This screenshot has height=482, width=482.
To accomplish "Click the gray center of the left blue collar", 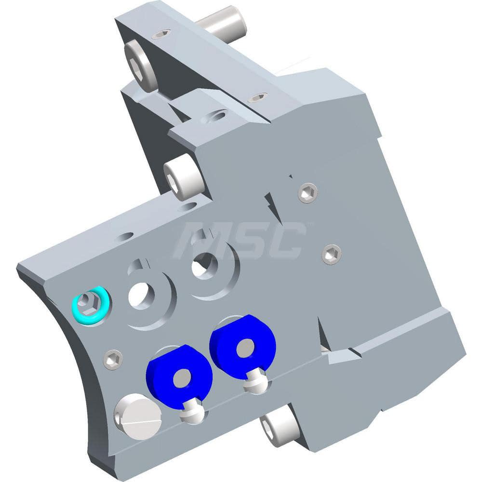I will (184, 377).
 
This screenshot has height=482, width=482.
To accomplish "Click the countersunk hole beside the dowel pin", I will (161, 34).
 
